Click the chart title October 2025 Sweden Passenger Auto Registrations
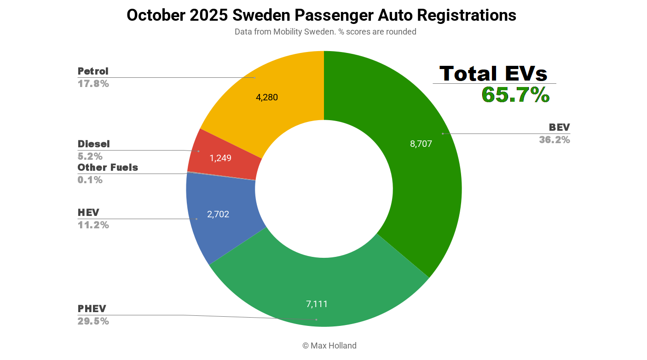[x=321, y=15]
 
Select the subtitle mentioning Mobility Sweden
[x=325, y=32]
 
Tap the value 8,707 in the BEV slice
[x=421, y=144]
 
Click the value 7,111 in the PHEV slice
[x=317, y=304]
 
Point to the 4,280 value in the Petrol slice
[x=266, y=97]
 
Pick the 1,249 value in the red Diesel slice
[x=220, y=158]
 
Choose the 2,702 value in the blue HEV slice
[x=218, y=214]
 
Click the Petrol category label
[x=93, y=71]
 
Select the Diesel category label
[x=93, y=144]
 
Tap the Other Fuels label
[x=108, y=168]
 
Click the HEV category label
[x=88, y=213]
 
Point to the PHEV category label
[x=92, y=308]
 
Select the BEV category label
[x=559, y=128]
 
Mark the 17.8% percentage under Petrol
[x=93, y=84]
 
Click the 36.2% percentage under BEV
[x=555, y=140]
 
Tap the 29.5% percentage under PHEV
[x=93, y=321]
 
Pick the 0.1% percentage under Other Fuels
[x=90, y=180]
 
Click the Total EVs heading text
[x=493, y=74]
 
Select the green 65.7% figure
[x=515, y=95]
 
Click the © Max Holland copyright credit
[x=329, y=346]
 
